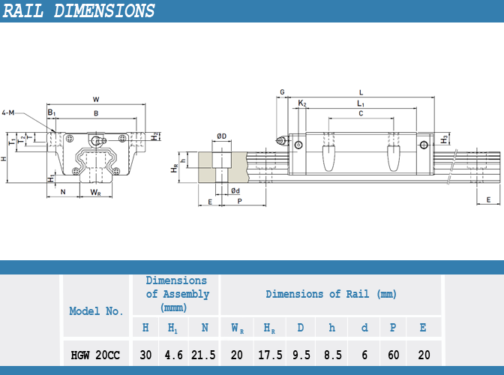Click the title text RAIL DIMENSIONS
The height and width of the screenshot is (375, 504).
tap(79, 11)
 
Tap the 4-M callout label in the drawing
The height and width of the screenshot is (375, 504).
tap(10, 112)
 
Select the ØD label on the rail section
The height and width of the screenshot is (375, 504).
tap(222, 136)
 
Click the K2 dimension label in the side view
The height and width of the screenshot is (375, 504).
tap(302, 103)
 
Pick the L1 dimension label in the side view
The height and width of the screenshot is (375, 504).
tap(361, 103)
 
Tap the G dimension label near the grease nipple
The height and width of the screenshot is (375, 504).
tap(282, 91)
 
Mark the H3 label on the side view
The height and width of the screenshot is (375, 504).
tap(445, 139)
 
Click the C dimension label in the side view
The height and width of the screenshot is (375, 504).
tap(361, 114)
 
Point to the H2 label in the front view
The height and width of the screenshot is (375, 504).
tap(154, 136)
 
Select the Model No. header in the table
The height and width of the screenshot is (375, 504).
tap(97, 311)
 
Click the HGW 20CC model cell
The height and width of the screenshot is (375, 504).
tap(94, 355)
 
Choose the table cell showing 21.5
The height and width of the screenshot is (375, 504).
tap(204, 355)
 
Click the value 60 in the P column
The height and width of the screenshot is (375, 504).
tap(391, 355)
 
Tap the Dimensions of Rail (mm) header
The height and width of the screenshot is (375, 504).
tap(331, 294)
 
